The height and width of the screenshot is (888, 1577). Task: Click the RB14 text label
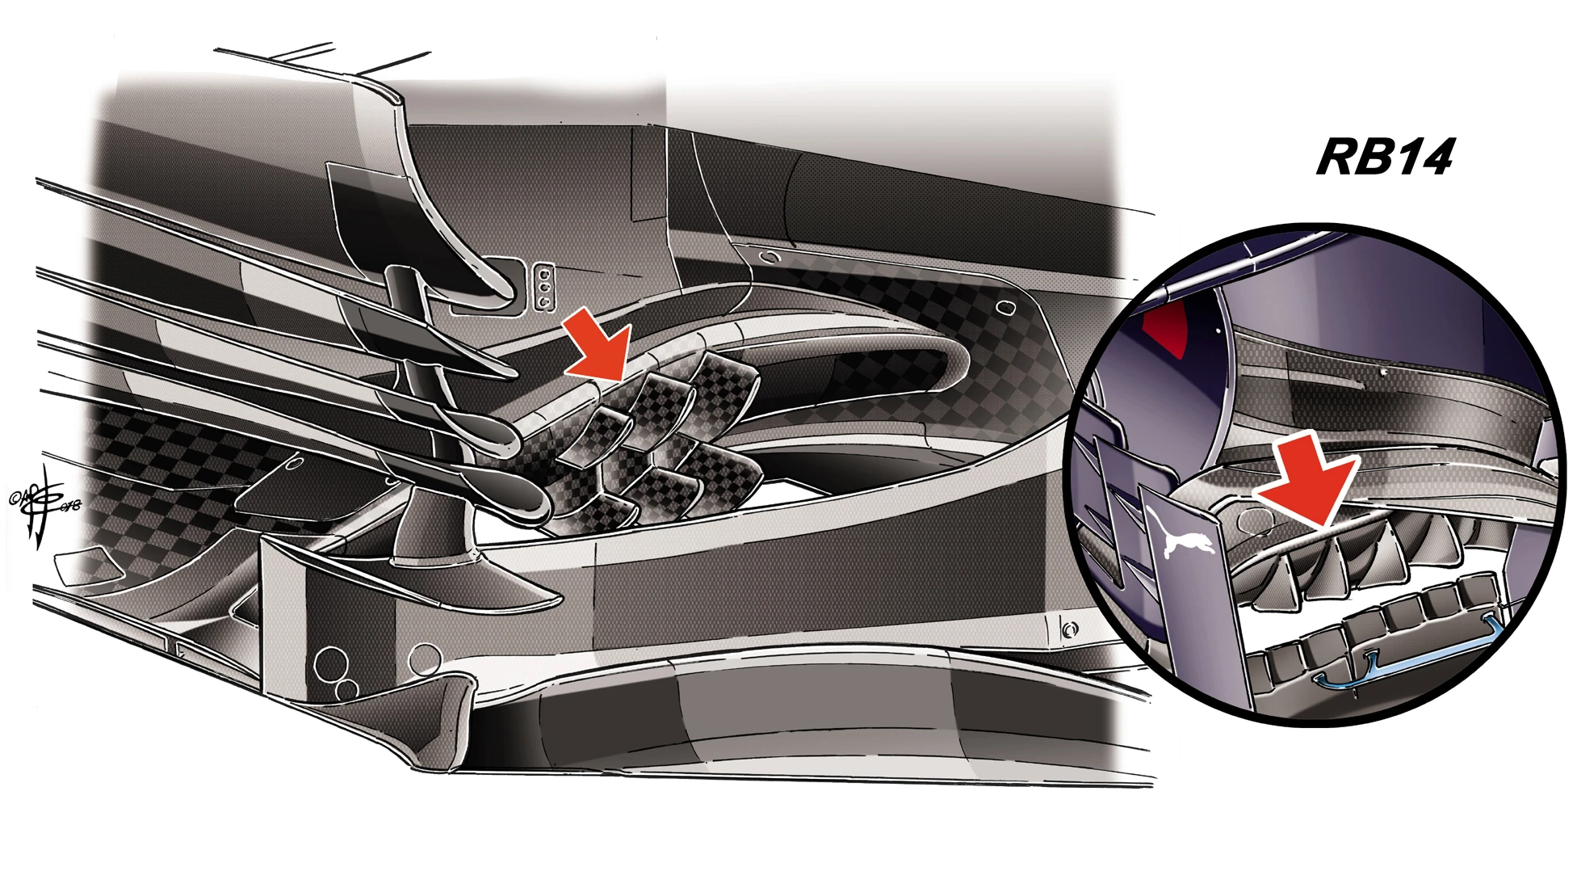point(1384,157)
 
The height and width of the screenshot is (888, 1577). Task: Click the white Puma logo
point(1186,538)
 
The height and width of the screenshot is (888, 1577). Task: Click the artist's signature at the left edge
point(44,505)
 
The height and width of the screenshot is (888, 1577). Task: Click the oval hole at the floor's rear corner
point(1005,308)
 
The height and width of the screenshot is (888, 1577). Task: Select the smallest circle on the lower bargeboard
point(347,689)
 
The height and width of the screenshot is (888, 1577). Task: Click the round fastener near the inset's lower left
point(1069,629)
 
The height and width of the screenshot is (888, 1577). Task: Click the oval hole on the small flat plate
point(296,464)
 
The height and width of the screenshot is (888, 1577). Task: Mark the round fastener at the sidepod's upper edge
point(771,258)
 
